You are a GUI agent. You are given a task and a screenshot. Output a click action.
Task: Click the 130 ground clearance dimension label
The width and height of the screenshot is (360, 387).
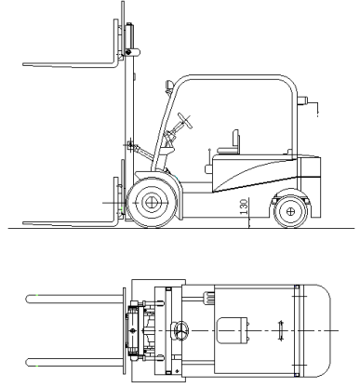[x=244, y=207]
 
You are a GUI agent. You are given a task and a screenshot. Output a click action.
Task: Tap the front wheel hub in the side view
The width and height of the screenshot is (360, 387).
[x=152, y=203]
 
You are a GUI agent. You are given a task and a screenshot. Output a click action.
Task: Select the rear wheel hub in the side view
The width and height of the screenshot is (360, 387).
[x=290, y=211]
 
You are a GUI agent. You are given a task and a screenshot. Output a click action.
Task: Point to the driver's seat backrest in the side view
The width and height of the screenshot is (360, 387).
[x=236, y=141]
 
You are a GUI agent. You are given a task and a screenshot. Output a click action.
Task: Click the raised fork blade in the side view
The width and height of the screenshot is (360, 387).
[x=71, y=64]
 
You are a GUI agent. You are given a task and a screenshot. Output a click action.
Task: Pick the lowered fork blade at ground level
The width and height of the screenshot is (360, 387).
[x=71, y=222]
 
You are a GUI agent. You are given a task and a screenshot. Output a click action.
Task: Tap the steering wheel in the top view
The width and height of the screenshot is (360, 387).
[x=180, y=331]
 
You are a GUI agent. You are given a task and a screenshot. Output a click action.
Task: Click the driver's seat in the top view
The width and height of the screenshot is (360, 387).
[x=232, y=330]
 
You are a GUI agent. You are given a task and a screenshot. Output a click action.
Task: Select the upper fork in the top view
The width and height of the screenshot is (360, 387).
[x=74, y=299]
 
